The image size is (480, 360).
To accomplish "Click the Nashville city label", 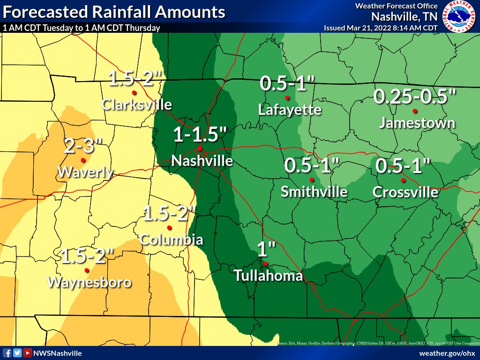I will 202,161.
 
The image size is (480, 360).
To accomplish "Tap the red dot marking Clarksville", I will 134,92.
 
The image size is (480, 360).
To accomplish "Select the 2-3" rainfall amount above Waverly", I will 80,147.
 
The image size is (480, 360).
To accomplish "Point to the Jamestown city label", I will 417,123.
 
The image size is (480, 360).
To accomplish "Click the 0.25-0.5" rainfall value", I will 415,97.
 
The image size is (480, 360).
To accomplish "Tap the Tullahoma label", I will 269,276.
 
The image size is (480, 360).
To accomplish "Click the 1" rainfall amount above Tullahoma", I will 265,248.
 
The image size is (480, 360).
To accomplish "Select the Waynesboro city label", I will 90,282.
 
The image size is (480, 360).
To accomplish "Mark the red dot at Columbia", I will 169,228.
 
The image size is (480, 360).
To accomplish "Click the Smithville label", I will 314,192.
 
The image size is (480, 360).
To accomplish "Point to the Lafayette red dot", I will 287,98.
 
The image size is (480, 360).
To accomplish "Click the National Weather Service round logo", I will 459,16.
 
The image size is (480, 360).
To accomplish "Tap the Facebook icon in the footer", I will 7,353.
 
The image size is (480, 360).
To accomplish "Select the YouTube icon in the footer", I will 28,353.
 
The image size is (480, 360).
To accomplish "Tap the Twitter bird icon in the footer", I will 17,353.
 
